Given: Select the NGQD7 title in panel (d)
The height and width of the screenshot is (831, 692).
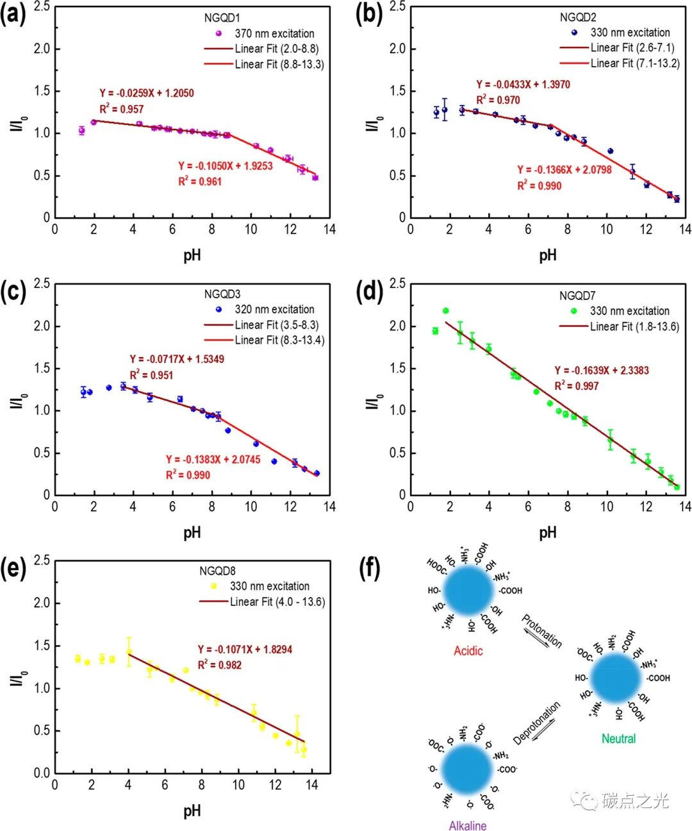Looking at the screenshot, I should click(x=577, y=296).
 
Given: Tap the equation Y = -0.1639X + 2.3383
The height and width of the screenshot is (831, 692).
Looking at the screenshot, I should click(x=602, y=371).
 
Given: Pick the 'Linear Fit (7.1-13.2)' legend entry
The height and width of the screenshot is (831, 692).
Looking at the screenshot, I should click(x=634, y=63).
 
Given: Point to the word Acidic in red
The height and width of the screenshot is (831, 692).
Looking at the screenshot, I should click(x=468, y=651).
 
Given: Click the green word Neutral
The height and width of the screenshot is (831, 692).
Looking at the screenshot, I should click(x=618, y=739).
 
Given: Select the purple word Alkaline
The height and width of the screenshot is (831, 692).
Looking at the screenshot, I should click(x=468, y=825).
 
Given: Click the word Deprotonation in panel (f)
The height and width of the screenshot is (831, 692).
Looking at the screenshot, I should click(x=536, y=723).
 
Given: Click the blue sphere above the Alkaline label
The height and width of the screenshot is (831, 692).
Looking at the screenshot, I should click(x=467, y=769).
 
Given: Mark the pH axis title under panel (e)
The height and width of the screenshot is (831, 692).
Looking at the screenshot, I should click(x=192, y=810).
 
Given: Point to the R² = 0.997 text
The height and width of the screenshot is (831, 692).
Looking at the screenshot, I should click(x=576, y=386).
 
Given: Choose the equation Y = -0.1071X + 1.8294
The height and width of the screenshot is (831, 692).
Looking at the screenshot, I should click(x=245, y=650).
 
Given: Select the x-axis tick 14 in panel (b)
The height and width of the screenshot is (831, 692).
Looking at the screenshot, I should click(x=685, y=230).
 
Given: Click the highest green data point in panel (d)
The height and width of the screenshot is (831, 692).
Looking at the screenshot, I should click(x=446, y=311).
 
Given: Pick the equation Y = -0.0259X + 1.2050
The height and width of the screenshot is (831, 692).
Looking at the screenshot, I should click(x=146, y=93).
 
